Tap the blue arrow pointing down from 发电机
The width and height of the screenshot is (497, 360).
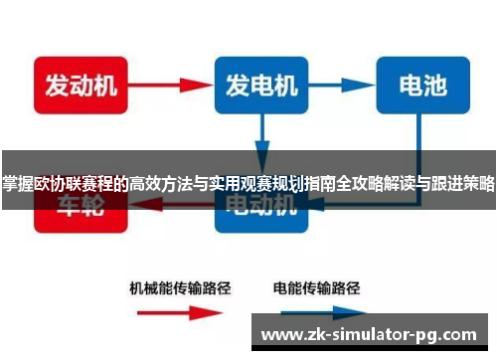261,133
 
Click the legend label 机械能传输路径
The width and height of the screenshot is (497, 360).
180,287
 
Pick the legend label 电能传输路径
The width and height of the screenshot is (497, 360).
315,287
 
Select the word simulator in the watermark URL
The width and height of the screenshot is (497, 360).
373,333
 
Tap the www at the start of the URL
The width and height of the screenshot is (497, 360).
277,333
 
